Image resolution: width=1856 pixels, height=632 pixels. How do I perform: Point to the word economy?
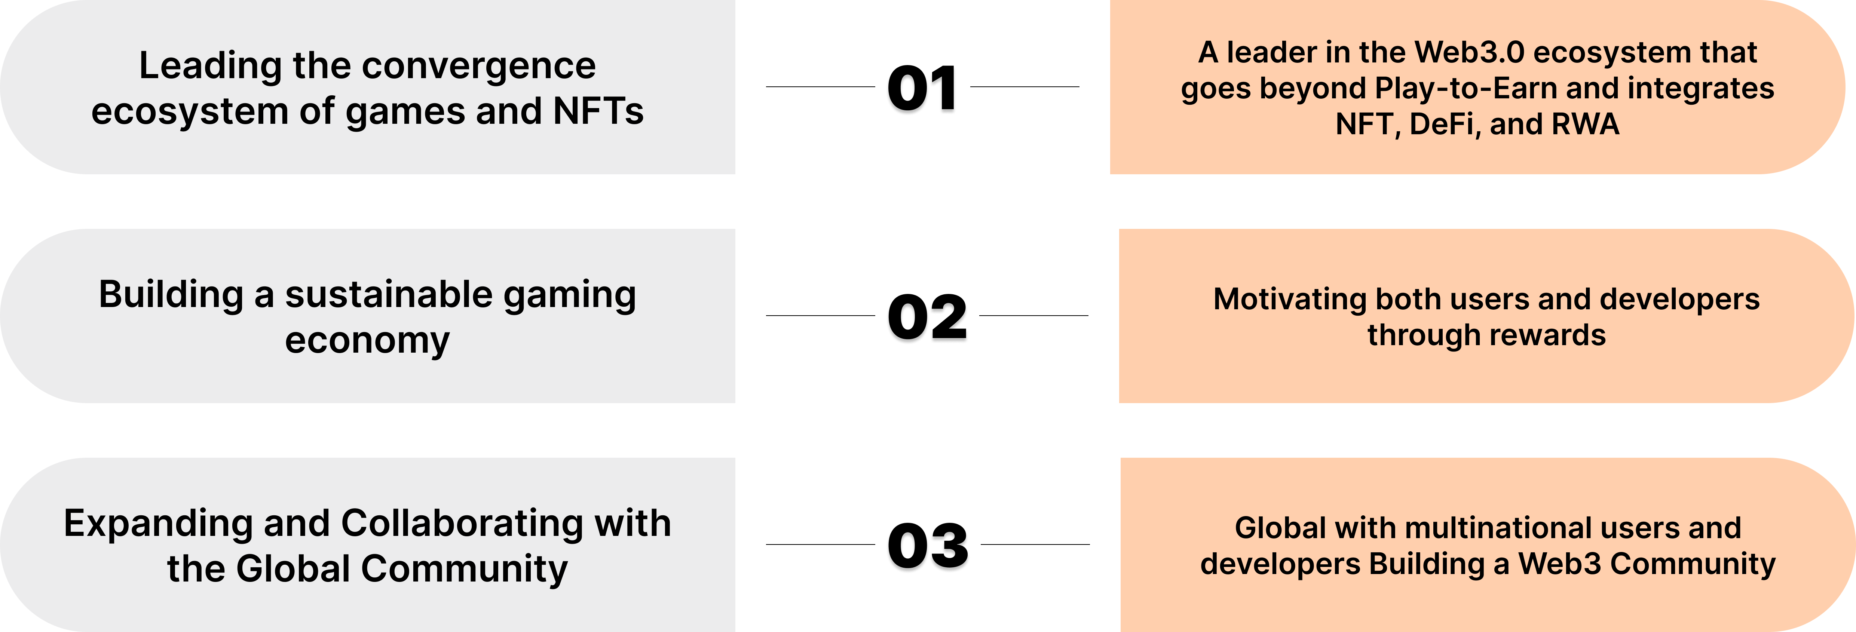coord(367,340)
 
